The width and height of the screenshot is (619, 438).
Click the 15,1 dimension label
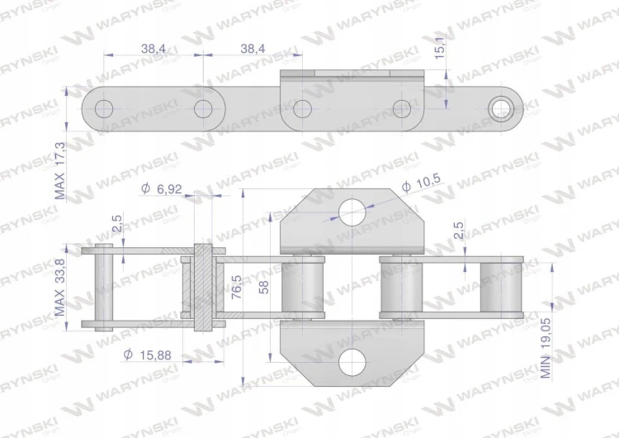[x=440, y=45]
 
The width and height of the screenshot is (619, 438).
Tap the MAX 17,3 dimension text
[x=59, y=171]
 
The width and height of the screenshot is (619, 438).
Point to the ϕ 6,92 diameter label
[x=162, y=188]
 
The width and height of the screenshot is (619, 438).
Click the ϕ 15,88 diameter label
[x=147, y=355]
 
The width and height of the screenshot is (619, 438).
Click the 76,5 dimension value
[x=237, y=287]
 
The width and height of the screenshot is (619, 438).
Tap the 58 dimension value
[x=264, y=287]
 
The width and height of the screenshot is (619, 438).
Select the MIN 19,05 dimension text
[x=546, y=348]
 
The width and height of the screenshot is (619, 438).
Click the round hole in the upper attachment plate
[x=352, y=212]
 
